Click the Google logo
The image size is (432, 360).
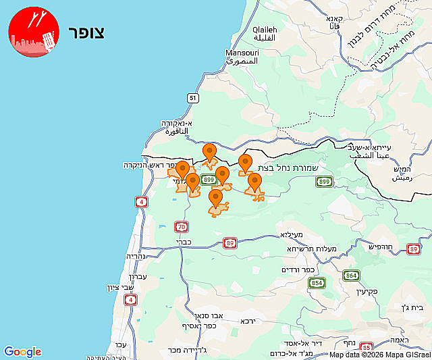(22, 352)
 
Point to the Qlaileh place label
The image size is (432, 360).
(265, 30)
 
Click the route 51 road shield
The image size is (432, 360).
(194, 98)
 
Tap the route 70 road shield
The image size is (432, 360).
(180, 226)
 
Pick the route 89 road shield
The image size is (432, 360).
(230, 242)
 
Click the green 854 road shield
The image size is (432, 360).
(317, 282)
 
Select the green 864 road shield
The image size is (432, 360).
(351, 275)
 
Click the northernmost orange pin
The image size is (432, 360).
(210, 152)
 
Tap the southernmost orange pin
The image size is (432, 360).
(215, 198)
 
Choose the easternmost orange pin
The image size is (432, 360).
(254, 182)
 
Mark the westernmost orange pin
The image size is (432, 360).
(182, 170)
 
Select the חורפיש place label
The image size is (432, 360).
(382, 247)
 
